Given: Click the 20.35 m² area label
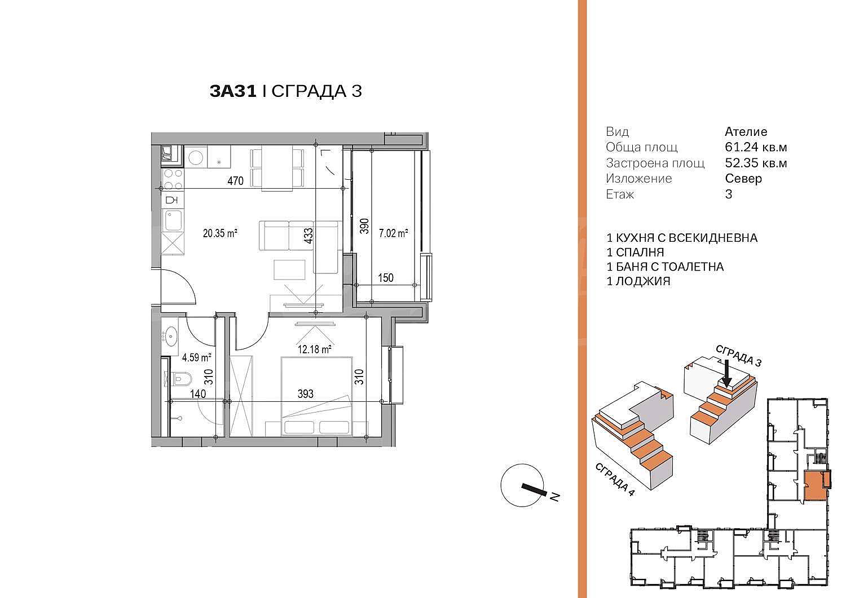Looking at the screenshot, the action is (x=220, y=233).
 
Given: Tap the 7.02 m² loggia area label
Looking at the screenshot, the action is (x=394, y=233).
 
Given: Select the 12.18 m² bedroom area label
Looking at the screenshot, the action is (x=315, y=349).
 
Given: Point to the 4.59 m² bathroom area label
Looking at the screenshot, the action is (x=196, y=357).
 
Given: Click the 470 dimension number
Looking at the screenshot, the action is (x=235, y=181).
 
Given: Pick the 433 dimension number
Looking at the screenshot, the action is (x=309, y=236).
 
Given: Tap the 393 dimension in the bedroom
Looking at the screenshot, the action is (x=305, y=394).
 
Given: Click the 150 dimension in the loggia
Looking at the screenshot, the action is (x=386, y=278).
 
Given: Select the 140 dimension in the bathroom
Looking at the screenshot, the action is (x=198, y=394).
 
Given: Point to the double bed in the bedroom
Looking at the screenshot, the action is (x=316, y=396).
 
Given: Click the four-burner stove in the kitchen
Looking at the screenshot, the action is (x=173, y=179).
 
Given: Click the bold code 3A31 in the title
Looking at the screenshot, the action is (x=233, y=91).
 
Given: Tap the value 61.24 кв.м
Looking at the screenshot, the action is (x=756, y=147).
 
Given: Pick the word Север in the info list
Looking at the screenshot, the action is (x=743, y=179).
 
